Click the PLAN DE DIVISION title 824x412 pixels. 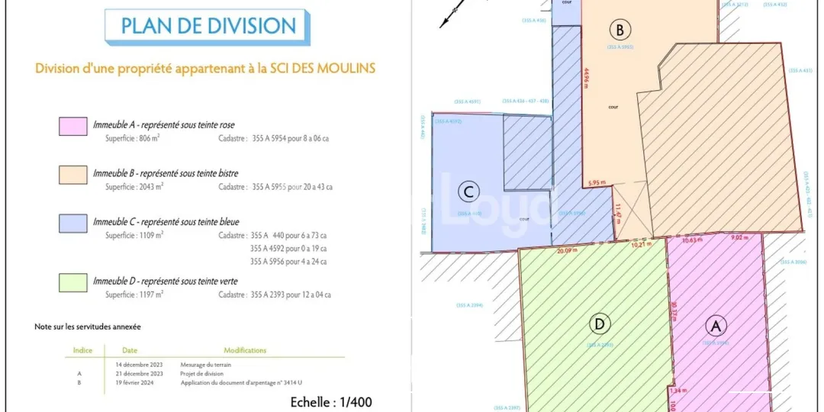(208, 26)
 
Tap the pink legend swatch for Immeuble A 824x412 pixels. (72, 127)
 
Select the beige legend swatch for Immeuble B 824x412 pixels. (72, 175)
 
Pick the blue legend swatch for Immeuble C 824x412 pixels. (72, 223)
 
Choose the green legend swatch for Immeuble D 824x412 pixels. (72, 282)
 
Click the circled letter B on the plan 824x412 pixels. (620, 31)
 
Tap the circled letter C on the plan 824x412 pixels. (469, 192)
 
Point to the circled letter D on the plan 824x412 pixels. (600, 324)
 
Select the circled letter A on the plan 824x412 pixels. (716, 327)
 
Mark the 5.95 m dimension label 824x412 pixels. (597, 182)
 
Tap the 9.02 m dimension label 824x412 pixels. (740, 238)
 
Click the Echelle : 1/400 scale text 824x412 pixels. (332, 401)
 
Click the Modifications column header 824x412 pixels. (245, 350)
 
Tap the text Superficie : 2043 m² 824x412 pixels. (134, 186)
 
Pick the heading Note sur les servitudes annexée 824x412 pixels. (88, 327)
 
